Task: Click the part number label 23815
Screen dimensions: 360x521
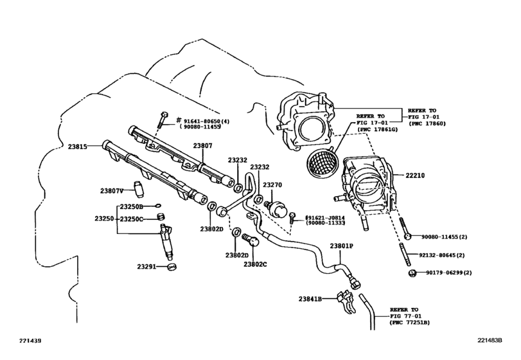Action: tap(78, 146)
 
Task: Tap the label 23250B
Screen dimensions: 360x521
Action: tap(132, 207)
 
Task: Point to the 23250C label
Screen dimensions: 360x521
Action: tap(132, 219)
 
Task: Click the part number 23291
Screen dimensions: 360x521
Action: tap(147, 266)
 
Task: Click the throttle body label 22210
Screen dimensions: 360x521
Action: tap(416, 175)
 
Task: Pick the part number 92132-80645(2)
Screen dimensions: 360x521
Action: tap(446, 255)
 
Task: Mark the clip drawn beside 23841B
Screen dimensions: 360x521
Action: tap(347, 299)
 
